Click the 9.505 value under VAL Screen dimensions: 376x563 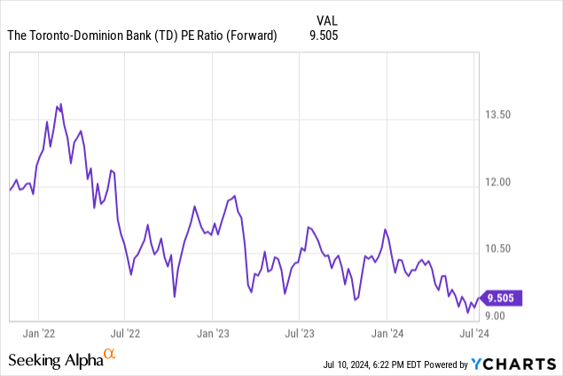tap(325, 35)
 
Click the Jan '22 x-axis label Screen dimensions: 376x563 tap(39, 333)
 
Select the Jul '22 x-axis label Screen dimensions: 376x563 tap(125, 333)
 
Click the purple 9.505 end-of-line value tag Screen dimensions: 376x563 tap(504, 298)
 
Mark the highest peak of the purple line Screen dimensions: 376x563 tap(60, 104)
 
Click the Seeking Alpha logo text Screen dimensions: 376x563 tap(54, 360)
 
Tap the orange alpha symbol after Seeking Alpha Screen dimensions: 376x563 tap(110, 355)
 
